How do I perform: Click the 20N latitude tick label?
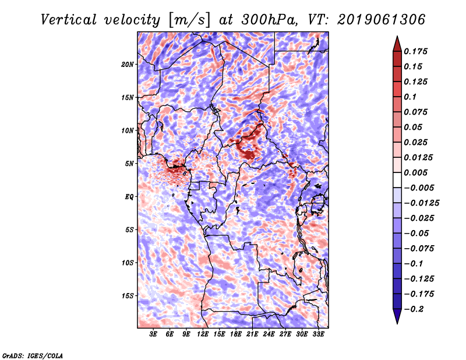click(x=128, y=64)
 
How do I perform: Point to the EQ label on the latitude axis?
click(x=129, y=197)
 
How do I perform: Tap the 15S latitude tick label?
click(x=128, y=296)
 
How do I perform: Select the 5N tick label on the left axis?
click(x=129, y=164)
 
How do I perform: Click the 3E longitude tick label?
click(x=153, y=334)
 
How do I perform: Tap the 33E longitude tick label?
click(x=319, y=334)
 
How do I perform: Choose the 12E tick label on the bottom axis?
click(x=203, y=334)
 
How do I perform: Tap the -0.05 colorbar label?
click(x=418, y=233)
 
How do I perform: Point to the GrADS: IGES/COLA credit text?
click(x=32, y=355)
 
